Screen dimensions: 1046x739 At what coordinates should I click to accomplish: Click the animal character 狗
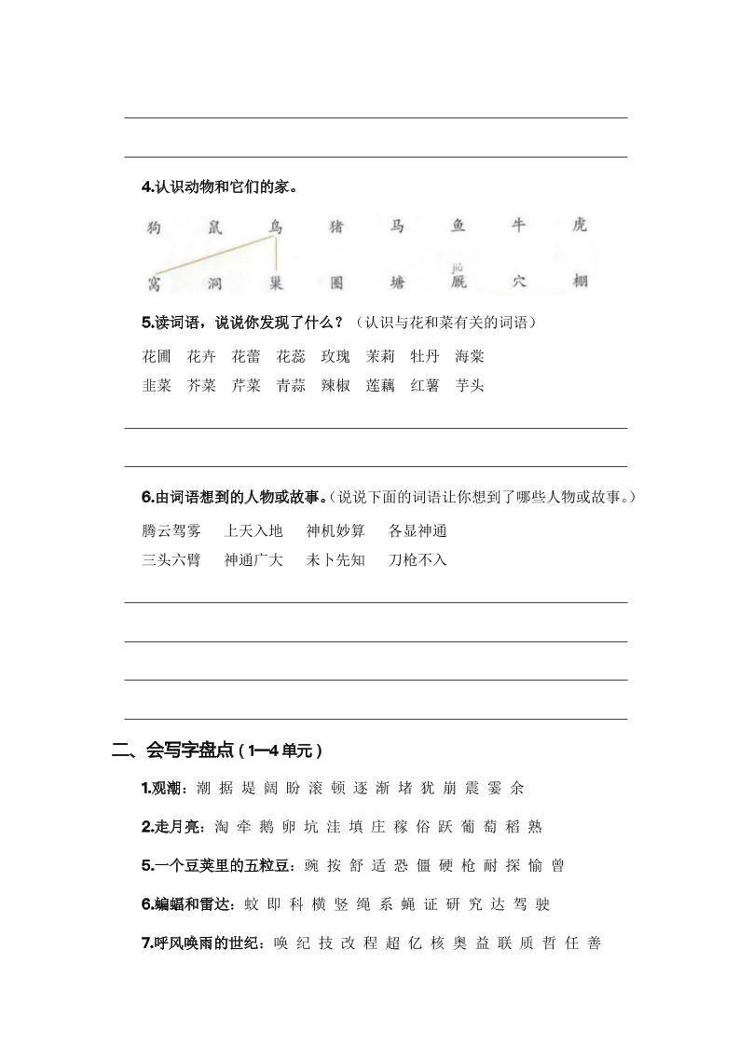click(x=154, y=227)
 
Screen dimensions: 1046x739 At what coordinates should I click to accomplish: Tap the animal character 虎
click(x=580, y=226)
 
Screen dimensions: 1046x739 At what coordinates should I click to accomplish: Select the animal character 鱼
click(x=458, y=226)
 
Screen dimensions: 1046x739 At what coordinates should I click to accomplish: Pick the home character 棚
click(x=580, y=282)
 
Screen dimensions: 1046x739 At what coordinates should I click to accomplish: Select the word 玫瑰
click(x=335, y=356)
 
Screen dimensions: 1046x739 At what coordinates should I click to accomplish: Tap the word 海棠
click(x=470, y=356)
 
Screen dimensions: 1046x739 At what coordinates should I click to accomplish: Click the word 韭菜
click(x=157, y=386)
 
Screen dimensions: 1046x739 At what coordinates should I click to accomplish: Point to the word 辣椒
click(x=335, y=386)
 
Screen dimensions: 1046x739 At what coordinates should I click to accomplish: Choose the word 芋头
click(x=470, y=386)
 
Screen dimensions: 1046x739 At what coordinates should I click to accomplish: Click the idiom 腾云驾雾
click(x=171, y=531)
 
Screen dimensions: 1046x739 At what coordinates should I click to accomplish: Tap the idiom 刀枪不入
click(x=417, y=560)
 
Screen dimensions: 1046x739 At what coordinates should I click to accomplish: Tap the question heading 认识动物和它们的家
click(x=224, y=187)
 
